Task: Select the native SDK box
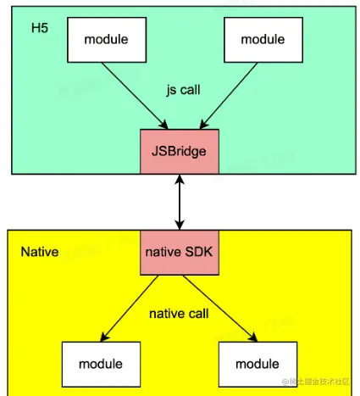180,252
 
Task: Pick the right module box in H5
263,40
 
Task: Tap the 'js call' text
182,88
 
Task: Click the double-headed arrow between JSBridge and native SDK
180,201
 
